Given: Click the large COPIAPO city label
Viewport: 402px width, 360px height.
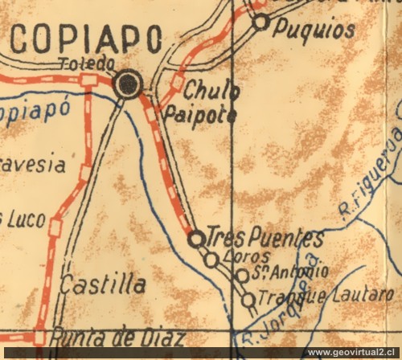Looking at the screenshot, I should click(87, 39).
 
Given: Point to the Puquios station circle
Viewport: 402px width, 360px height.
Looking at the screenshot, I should click(260, 22).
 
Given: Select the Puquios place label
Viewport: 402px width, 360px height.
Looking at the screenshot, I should click(314, 30).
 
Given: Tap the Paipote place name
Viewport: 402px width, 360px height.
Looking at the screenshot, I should click(199, 114).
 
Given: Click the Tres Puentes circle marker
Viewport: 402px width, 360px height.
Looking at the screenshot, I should click(195, 239).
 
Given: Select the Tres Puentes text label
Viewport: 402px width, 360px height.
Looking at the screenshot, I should click(265, 239).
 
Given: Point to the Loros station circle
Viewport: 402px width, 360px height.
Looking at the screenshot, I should click(211, 260).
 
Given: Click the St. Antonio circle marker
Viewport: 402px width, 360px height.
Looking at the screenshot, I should click(242, 276).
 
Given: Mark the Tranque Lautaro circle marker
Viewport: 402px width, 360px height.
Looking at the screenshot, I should click(248, 300).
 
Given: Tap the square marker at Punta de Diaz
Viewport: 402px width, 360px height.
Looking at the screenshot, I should click(39, 338).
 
